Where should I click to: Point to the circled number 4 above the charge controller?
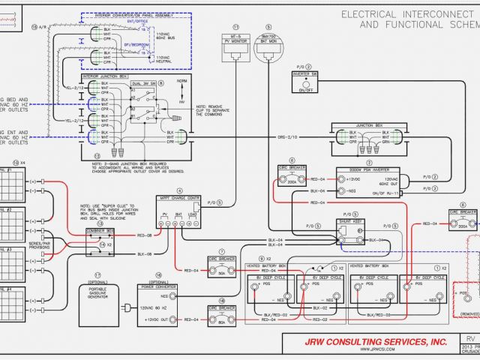click(x=179, y=190)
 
